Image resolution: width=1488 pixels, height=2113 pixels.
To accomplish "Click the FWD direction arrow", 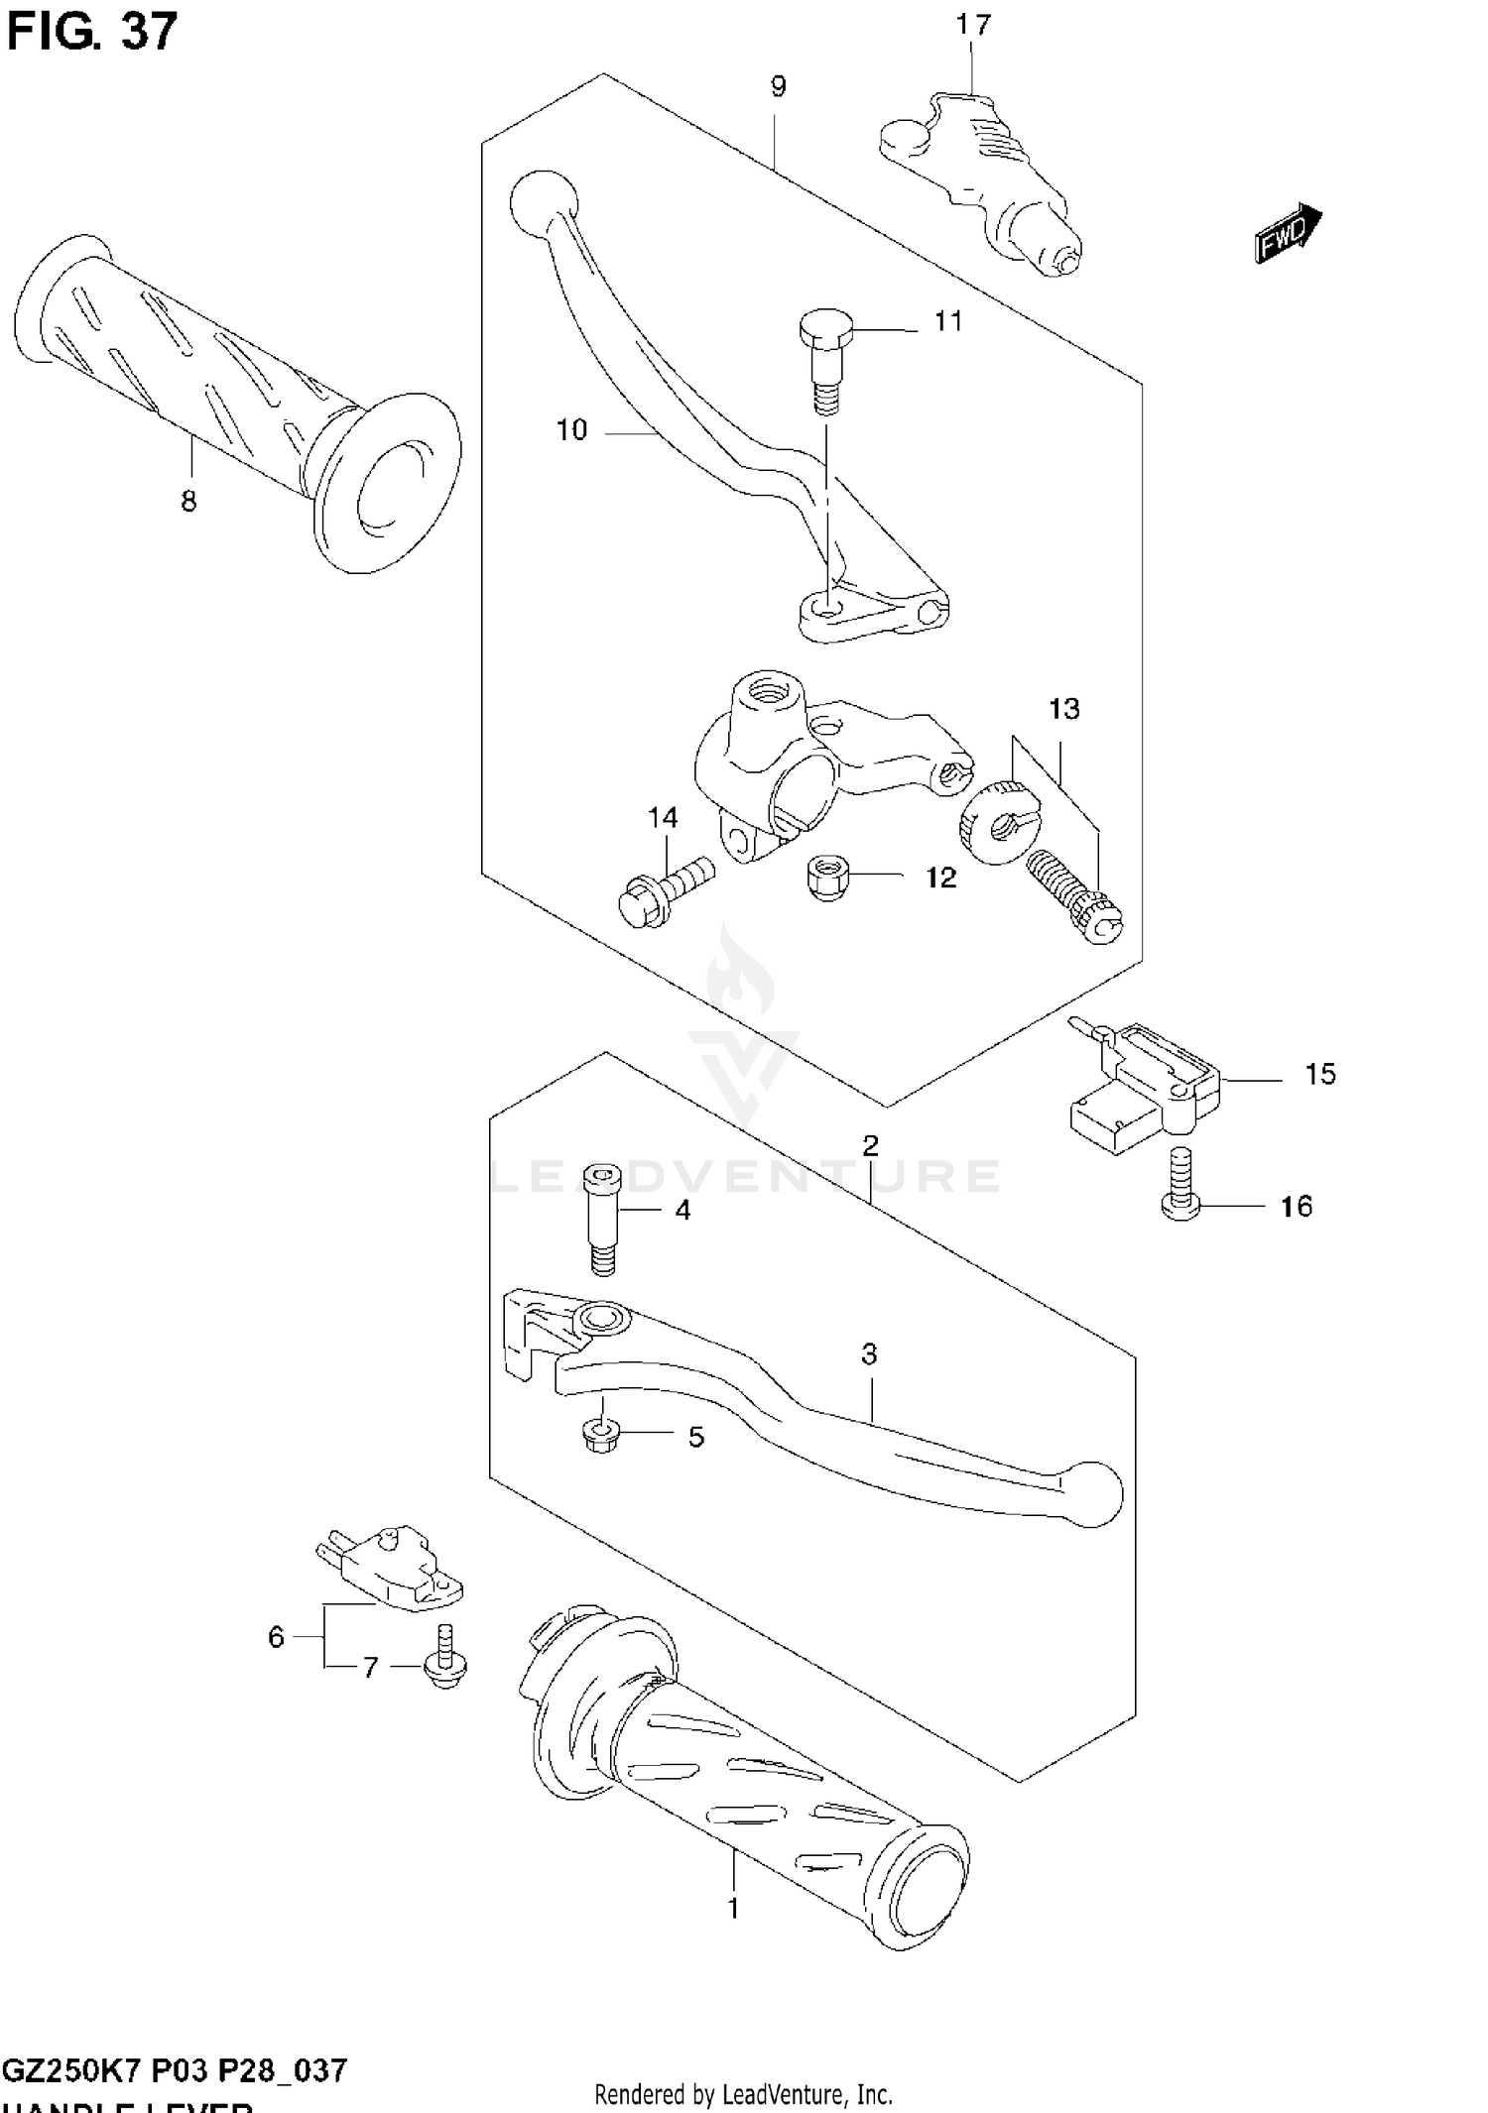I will coord(1288,233).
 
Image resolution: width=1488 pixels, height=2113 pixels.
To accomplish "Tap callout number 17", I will coord(972,25).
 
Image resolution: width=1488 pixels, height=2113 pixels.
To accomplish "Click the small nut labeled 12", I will coord(827,876).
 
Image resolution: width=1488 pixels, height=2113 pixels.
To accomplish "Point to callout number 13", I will coord(1063,709).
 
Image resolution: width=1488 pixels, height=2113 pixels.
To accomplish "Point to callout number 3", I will coord(869,1353).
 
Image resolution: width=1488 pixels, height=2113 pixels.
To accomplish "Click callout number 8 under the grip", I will coord(188,502).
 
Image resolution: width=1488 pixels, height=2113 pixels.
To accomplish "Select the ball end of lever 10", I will coord(543,203).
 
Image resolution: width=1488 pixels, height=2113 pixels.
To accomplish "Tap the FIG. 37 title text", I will coord(91,32).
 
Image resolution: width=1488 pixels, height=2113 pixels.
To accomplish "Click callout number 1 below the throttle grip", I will coord(733,1907).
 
